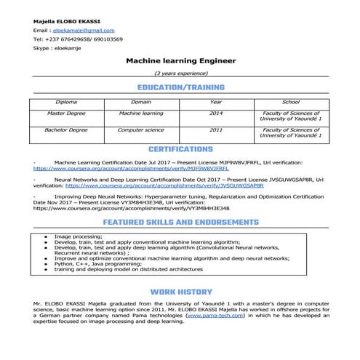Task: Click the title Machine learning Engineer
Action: [x=180, y=62]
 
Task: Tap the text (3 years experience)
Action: [x=180, y=75]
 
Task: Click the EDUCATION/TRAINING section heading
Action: [x=180, y=87]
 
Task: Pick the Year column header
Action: [x=216, y=103]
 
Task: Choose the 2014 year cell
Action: [x=216, y=114]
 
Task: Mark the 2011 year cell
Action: [x=216, y=129]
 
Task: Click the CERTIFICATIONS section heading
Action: [x=180, y=149]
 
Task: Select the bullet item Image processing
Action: [x=79, y=236]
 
